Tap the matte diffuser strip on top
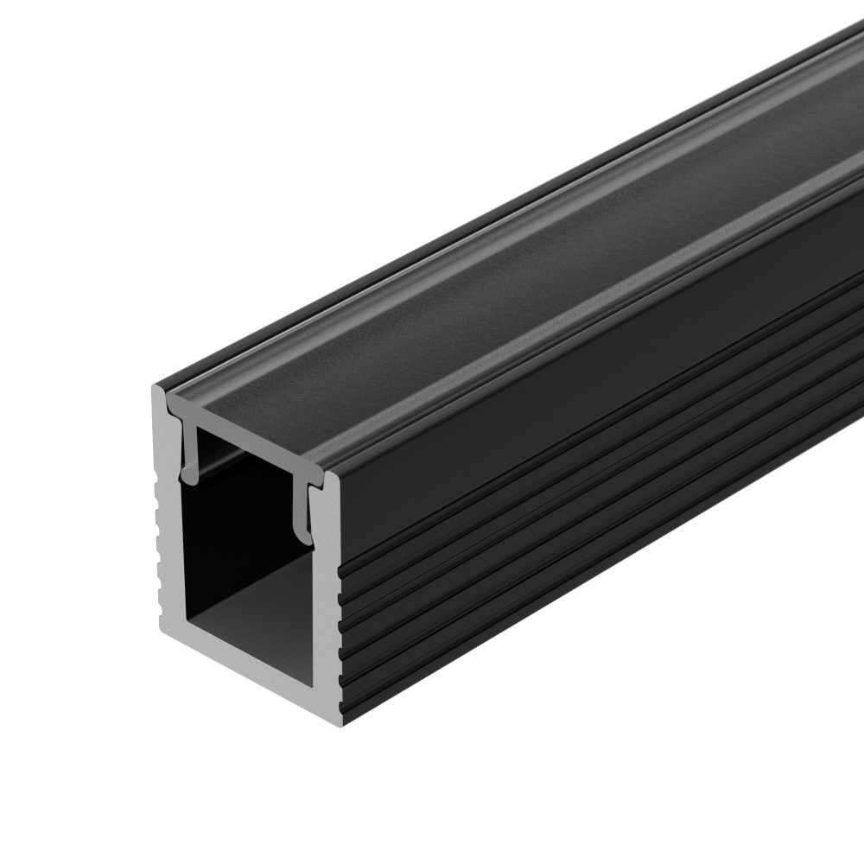click(x=518, y=259)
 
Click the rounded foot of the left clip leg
click(x=187, y=473)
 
